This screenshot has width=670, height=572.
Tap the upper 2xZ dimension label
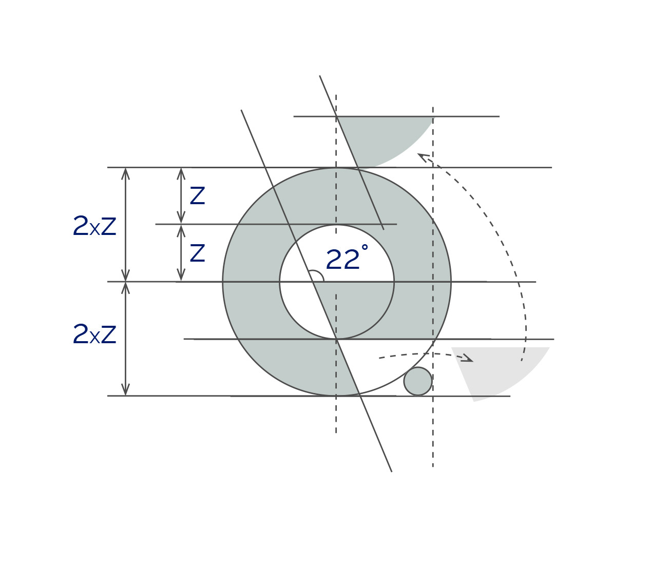pyautogui.click(x=94, y=226)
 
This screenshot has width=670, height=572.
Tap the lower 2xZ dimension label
pyautogui.click(x=94, y=334)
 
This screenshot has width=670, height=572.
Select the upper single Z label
pyautogui.click(x=197, y=195)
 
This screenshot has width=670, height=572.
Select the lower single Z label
pyautogui.click(x=197, y=252)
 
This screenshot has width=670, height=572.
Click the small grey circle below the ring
pyautogui.click(x=418, y=381)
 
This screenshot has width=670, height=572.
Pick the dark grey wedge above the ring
pyautogui.click(x=379, y=136)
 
